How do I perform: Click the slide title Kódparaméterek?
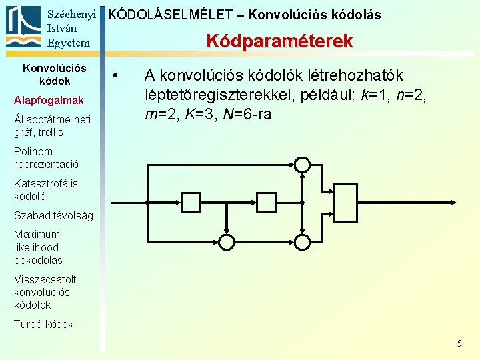(x=279, y=41)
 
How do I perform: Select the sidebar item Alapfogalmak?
(x=49, y=100)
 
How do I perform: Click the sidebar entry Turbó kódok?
(x=44, y=324)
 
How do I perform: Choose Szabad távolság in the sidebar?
(x=53, y=215)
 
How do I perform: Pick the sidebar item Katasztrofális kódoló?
(x=46, y=189)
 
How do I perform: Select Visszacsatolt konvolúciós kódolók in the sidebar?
(x=45, y=292)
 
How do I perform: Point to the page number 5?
(x=459, y=343)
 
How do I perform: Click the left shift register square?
(x=191, y=201)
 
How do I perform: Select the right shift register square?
(x=264, y=201)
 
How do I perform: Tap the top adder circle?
(x=303, y=164)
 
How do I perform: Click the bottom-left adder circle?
(x=227, y=241)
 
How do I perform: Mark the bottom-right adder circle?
(x=303, y=241)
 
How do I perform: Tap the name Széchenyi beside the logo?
(x=72, y=14)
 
